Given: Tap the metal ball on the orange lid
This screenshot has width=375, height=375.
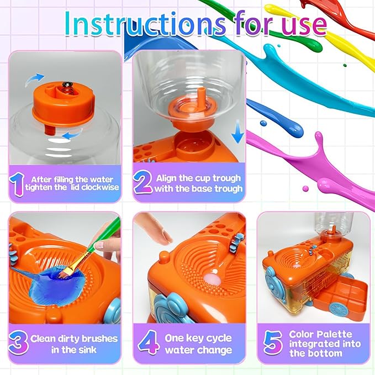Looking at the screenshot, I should (x=67, y=83).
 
